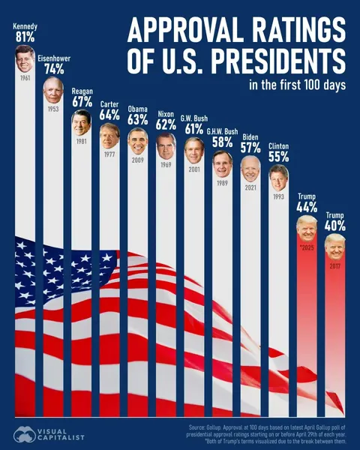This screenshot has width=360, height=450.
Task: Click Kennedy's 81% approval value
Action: (x=25, y=37)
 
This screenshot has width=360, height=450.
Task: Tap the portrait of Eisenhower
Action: (x=53, y=89)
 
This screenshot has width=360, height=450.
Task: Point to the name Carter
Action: (x=109, y=103)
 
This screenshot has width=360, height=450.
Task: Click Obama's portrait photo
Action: (x=137, y=140)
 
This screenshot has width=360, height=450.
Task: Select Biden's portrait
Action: (x=250, y=168)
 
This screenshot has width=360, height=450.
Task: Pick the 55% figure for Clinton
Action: (x=278, y=157)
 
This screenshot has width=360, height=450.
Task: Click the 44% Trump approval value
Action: (x=306, y=206)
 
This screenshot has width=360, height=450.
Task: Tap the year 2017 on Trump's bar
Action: (x=334, y=265)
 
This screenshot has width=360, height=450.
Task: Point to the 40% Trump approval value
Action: (x=334, y=225)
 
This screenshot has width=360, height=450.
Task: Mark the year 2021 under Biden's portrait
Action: (x=250, y=187)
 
